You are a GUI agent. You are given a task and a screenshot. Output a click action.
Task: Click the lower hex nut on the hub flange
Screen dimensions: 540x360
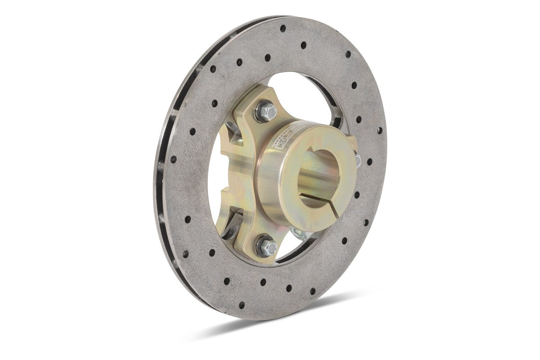[268, 246]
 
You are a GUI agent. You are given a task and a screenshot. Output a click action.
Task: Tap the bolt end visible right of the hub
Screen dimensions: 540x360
[359, 160]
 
